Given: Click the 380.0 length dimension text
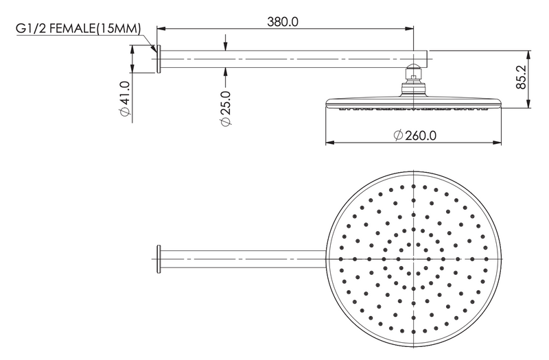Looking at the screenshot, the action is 283,22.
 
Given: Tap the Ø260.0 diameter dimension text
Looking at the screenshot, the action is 415,135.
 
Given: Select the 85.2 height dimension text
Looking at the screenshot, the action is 522,77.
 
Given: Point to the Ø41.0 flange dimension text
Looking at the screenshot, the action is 125,98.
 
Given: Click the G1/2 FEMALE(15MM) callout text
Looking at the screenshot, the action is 78,28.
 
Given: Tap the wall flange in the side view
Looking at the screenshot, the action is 159,59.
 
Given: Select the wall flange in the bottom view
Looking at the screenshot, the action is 159,259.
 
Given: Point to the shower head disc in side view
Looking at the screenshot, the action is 414,104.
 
